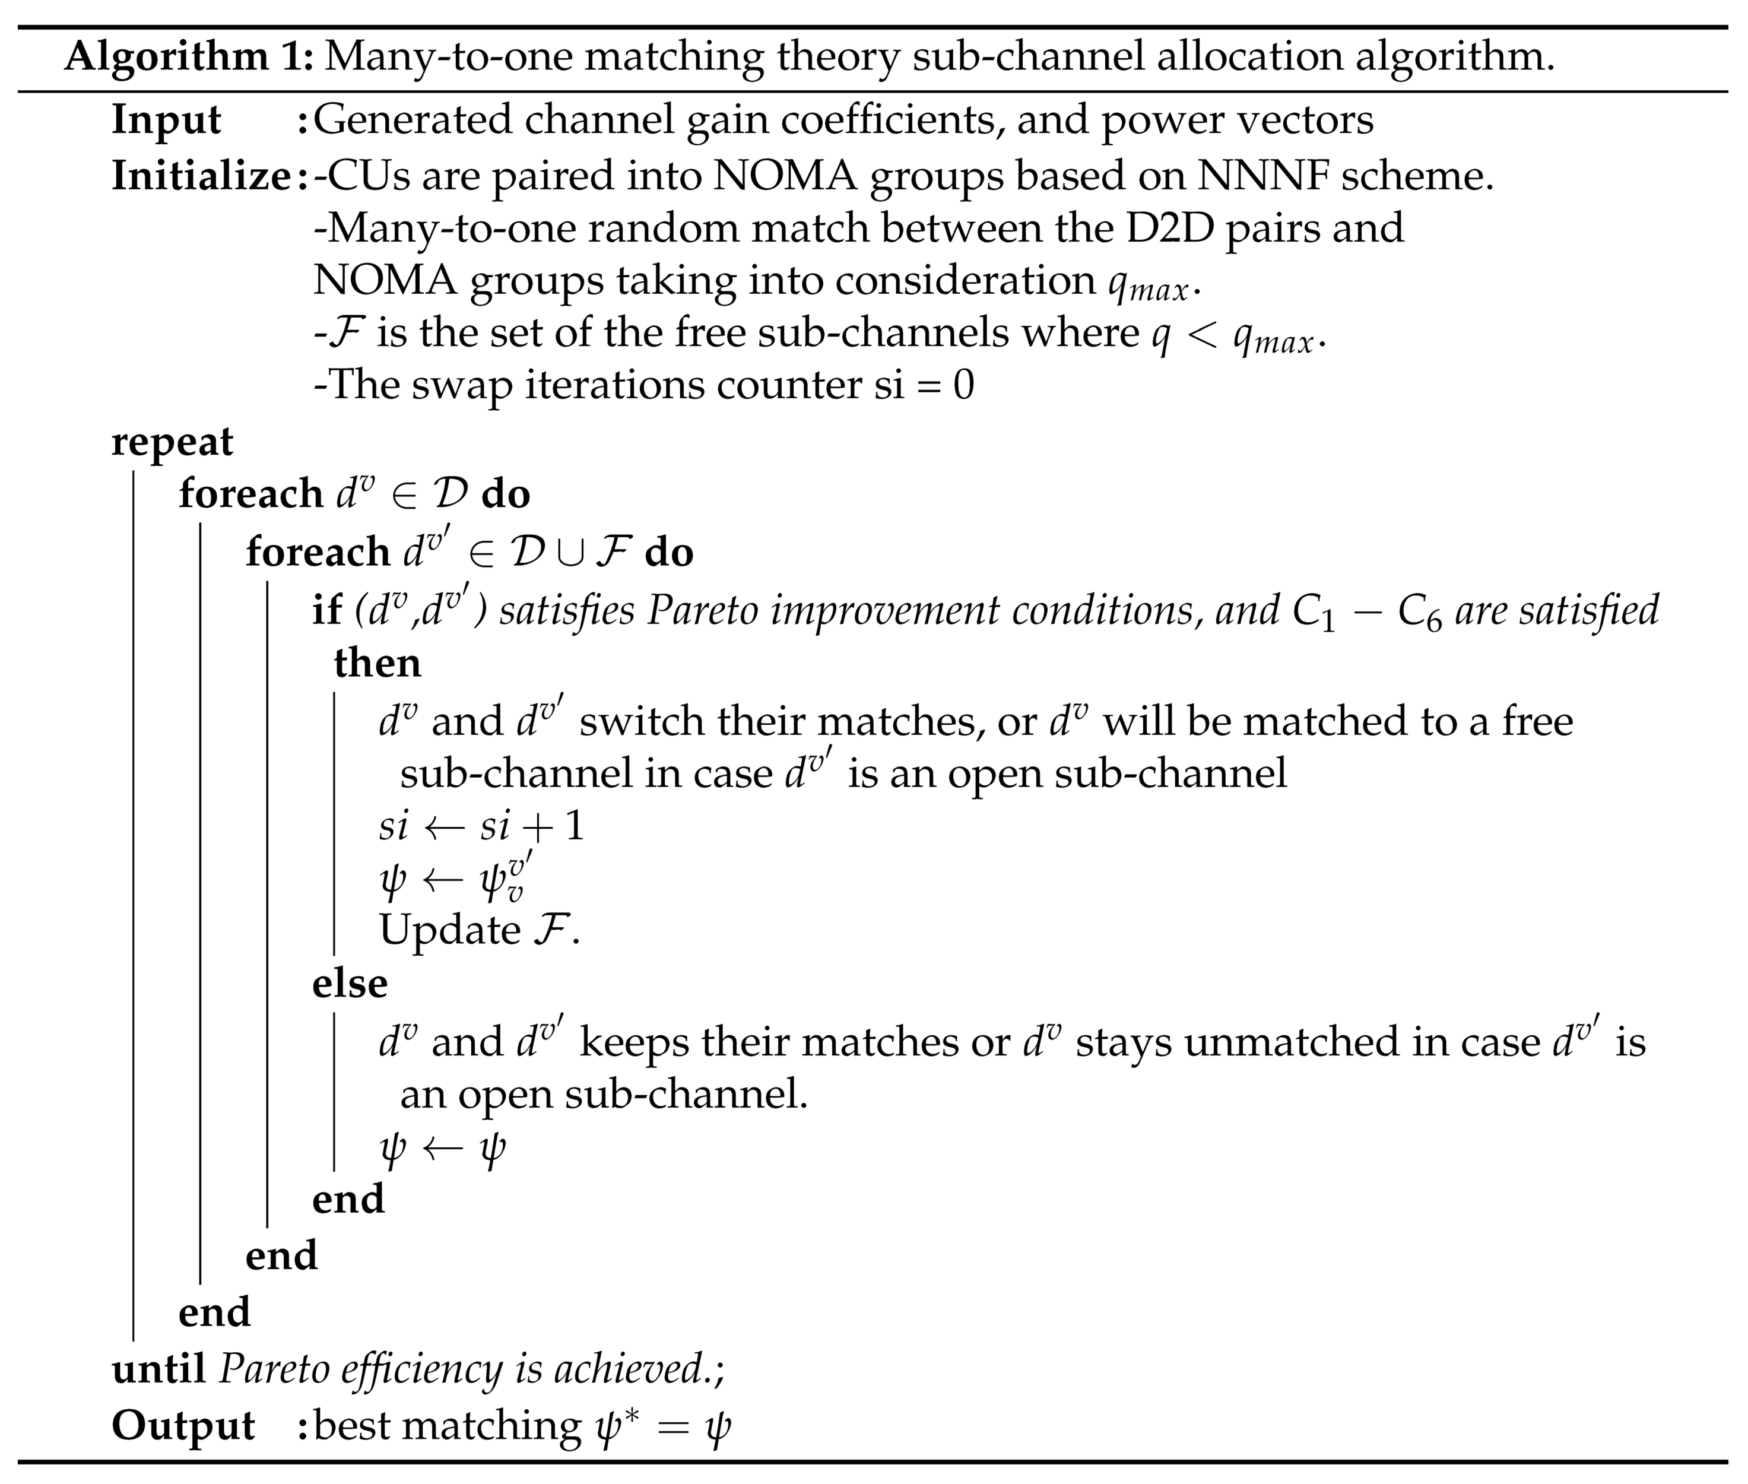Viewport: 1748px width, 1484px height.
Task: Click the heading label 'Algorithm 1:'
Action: pos(188,57)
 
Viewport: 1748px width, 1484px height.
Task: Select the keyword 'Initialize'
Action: pos(200,176)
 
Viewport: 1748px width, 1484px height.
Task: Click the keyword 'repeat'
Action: pos(172,442)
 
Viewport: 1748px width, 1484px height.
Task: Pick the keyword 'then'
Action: pos(377,663)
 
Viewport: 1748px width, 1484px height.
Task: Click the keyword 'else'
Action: pos(349,982)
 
